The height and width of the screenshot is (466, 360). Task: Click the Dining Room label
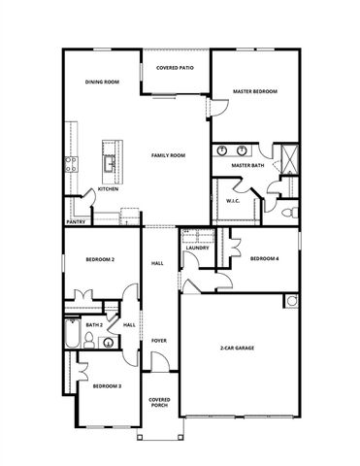pyautogui.click(x=101, y=83)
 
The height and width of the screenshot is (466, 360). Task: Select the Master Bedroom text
pyautogui.click(x=254, y=91)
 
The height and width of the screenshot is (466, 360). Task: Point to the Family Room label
pyautogui.click(x=168, y=155)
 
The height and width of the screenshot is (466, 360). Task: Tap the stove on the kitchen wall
pyautogui.click(x=69, y=164)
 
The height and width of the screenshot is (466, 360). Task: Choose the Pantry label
pyautogui.click(x=75, y=221)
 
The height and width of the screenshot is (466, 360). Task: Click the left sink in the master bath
pyautogui.click(x=222, y=151)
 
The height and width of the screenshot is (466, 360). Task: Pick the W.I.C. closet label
pyautogui.click(x=233, y=202)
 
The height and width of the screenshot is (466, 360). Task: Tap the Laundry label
pyautogui.click(x=198, y=249)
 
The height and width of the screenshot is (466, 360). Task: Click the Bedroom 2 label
pyautogui.click(x=100, y=260)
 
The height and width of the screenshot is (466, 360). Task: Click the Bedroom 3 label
pyautogui.click(x=107, y=386)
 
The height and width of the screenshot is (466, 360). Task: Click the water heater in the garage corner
pyautogui.click(x=291, y=301)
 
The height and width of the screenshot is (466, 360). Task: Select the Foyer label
pyautogui.click(x=158, y=341)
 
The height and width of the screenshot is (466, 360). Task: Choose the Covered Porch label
pyautogui.click(x=159, y=402)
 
